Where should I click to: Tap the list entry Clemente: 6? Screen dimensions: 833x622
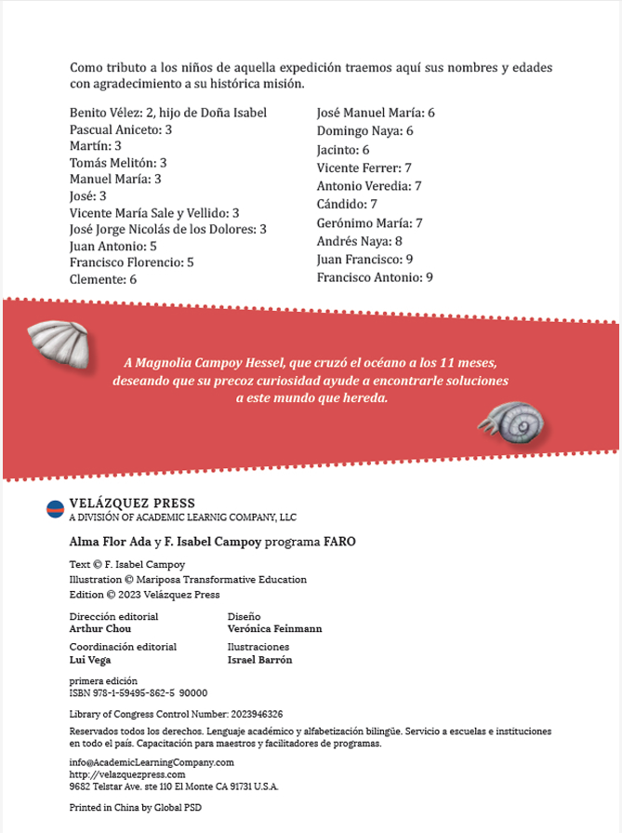pyautogui.click(x=103, y=279)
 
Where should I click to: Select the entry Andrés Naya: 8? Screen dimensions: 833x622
pyautogui.click(x=359, y=241)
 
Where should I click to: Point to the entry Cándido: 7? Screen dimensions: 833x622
pyautogui.click(x=346, y=204)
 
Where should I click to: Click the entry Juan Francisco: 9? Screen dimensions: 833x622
pyautogui.click(x=364, y=259)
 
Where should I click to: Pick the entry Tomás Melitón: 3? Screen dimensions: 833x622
pyautogui.click(x=118, y=162)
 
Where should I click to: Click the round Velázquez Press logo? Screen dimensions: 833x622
pyautogui.click(x=55, y=508)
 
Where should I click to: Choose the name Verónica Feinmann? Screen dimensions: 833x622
pyautogui.click(x=274, y=629)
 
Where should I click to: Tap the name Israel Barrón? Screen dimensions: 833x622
pyautogui.click(x=259, y=660)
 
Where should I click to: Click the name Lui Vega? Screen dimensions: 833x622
pyautogui.click(x=90, y=660)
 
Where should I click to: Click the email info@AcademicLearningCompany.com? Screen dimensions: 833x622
pyautogui.click(x=152, y=762)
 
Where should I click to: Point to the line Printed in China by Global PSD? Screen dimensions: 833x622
pyautogui.click(x=135, y=808)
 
